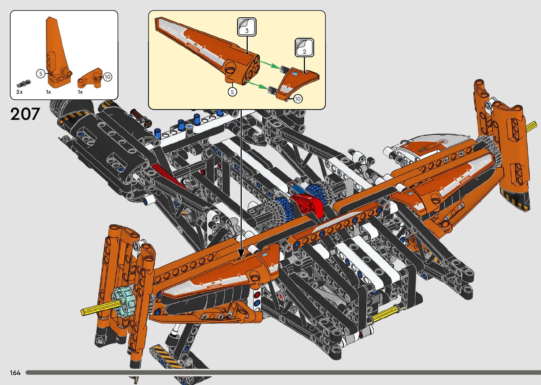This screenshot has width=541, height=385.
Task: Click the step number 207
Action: click(x=25, y=114)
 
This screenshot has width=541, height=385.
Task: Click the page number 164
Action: click(x=15, y=373)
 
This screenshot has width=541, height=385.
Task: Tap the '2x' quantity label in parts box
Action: click(x=19, y=92)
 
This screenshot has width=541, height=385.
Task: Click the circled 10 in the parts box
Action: click(x=107, y=77)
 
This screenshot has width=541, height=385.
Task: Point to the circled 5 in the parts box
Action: click(x=41, y=74)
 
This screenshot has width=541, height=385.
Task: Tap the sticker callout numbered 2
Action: click(x=304, y=48)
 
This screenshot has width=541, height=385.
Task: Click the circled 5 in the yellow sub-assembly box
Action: click(x=232, y=92)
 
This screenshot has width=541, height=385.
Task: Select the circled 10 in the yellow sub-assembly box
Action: click(x=298, y=99)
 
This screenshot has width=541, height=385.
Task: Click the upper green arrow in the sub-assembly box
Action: click(x=269, y=64)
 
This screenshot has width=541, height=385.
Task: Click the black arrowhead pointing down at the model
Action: click(x=241, y=253)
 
